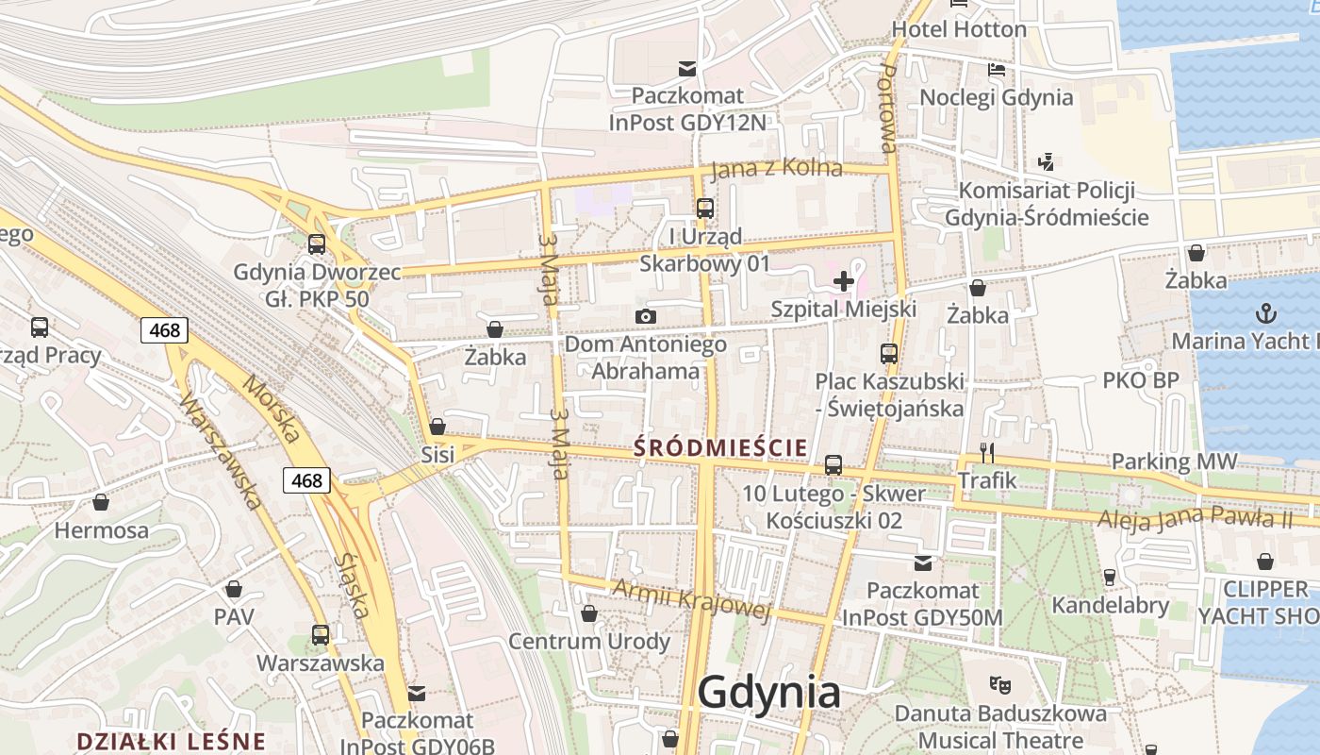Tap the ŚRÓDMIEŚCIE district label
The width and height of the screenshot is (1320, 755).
coord(721,446)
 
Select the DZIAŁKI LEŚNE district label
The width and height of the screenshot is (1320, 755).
coord(172,741)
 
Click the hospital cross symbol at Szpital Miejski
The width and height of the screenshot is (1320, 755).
coord(843,281)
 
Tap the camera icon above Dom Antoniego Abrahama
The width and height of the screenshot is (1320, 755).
coord(645,316)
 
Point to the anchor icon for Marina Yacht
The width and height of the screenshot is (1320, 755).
coord(1265,312)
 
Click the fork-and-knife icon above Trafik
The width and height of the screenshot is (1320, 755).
coord(987,453)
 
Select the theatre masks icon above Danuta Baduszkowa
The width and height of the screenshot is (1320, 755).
coord(999,684)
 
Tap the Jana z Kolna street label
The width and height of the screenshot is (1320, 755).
coord(776,168)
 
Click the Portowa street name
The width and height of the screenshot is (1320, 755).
coord(888,109)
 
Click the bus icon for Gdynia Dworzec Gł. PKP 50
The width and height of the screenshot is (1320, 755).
coord(317,244)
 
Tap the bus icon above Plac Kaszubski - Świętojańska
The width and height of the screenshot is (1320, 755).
coord(889,354)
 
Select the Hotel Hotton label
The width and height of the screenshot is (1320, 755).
coord(959,29)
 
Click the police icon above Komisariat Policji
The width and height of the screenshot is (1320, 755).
coord(1046,162)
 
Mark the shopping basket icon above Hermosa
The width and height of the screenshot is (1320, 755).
coord(100,502)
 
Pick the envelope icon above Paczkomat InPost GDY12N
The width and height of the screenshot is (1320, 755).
coord(687,68)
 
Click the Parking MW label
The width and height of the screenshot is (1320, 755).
coord(1174,461)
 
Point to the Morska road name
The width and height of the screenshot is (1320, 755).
coord(272,409)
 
